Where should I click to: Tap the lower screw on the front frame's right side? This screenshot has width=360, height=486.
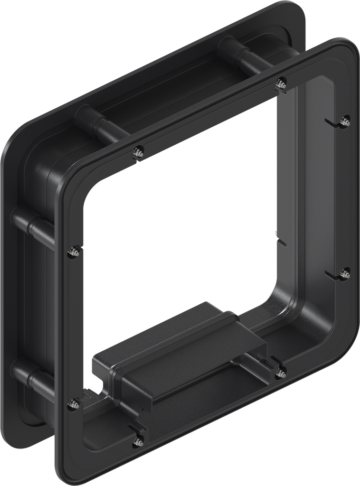click(345, 274)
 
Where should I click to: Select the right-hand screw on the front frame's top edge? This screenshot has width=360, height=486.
click(280, 83)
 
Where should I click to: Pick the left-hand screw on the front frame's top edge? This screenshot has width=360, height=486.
click(139, 152)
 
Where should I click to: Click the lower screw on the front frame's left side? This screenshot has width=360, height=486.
click(74, 404)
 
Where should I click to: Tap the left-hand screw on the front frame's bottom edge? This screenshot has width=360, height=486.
click(138, 440)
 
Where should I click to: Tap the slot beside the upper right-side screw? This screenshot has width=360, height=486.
click(332, 124)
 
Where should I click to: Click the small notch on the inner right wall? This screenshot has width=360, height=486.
click(282, 243)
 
